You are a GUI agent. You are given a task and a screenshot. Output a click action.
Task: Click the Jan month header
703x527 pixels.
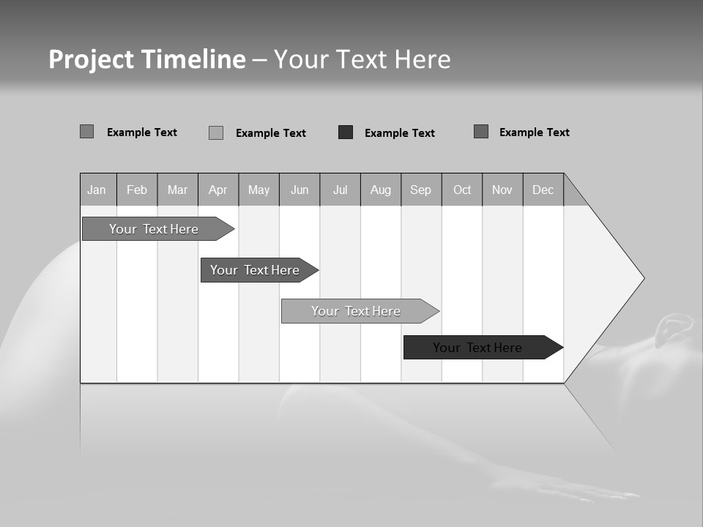pos(97,190)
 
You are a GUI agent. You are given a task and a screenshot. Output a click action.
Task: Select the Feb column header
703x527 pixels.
pos(137,190)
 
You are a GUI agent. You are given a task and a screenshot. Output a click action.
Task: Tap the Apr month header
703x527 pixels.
pos(218,190)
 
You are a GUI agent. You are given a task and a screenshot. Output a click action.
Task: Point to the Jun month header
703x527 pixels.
pos(300,190)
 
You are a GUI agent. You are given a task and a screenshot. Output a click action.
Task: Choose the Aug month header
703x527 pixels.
pos(381,190)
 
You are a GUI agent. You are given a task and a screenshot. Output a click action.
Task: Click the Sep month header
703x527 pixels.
pos(421,190)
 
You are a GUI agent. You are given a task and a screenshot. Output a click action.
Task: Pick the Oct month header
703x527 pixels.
pos(462,190)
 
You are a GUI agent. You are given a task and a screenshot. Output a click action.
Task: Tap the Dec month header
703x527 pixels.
pos(543,190)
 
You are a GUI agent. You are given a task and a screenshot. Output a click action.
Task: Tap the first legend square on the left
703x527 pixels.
pos(87,132)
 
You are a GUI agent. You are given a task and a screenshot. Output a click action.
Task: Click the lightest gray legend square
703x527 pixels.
pos(216,132)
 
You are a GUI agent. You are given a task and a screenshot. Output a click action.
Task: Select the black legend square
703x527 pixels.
pos(346,132)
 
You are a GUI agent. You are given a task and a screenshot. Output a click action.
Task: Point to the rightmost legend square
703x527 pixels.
pos(481,132)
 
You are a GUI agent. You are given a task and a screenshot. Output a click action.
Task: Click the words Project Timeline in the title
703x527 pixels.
pos(147,59)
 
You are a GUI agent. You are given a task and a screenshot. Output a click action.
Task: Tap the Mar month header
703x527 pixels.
pos(177,190)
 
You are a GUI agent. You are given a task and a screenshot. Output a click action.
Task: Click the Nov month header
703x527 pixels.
pos(502,190)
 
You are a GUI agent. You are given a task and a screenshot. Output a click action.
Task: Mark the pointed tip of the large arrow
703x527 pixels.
pos(642,278)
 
